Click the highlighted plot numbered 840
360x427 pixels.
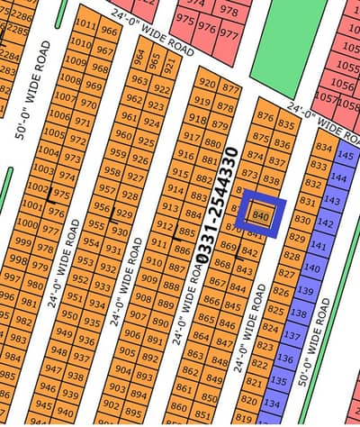[x=262, y=215]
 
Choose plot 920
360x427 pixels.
[x=208, y=84]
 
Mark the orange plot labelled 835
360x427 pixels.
[x=286, y=124]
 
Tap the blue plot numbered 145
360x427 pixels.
[x=343, y=155]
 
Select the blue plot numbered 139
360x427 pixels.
[x=306, y=290]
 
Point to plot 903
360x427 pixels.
[x=116, y=388]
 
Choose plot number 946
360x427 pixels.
[x=45, y=391]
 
